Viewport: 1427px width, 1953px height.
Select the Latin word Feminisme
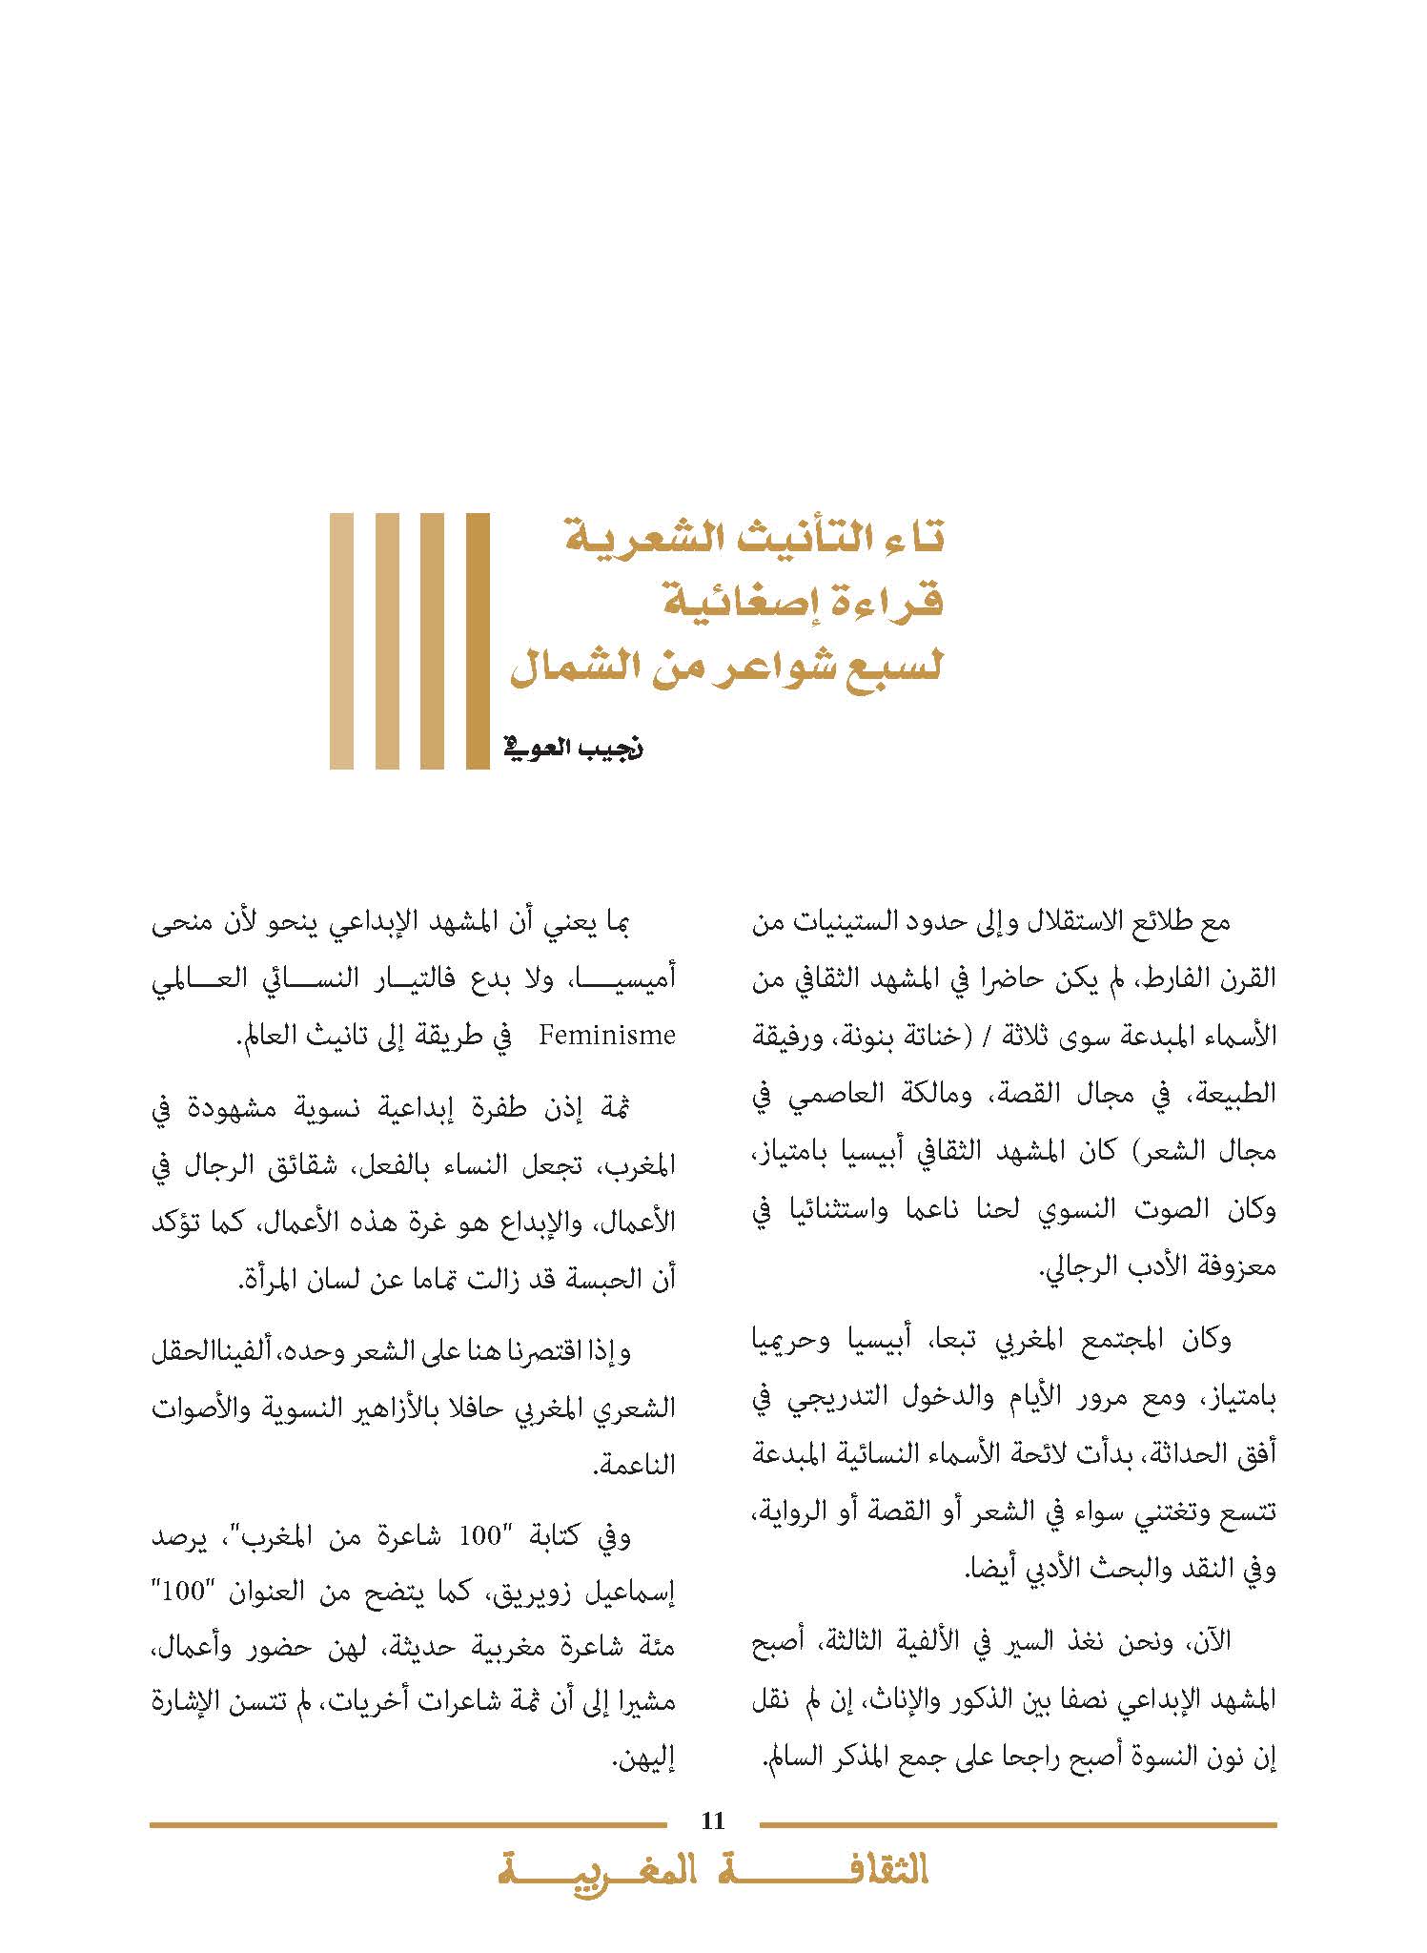pyautogui.click(x=607, y=1035)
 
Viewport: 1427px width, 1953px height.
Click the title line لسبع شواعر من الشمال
pyautogui.click(x=726, y=664)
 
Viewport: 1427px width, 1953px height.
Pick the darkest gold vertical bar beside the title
pyautogui.click(x=478, y=641)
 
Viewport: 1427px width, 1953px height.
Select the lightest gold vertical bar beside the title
pyautogui.click(x=341, y=641)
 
